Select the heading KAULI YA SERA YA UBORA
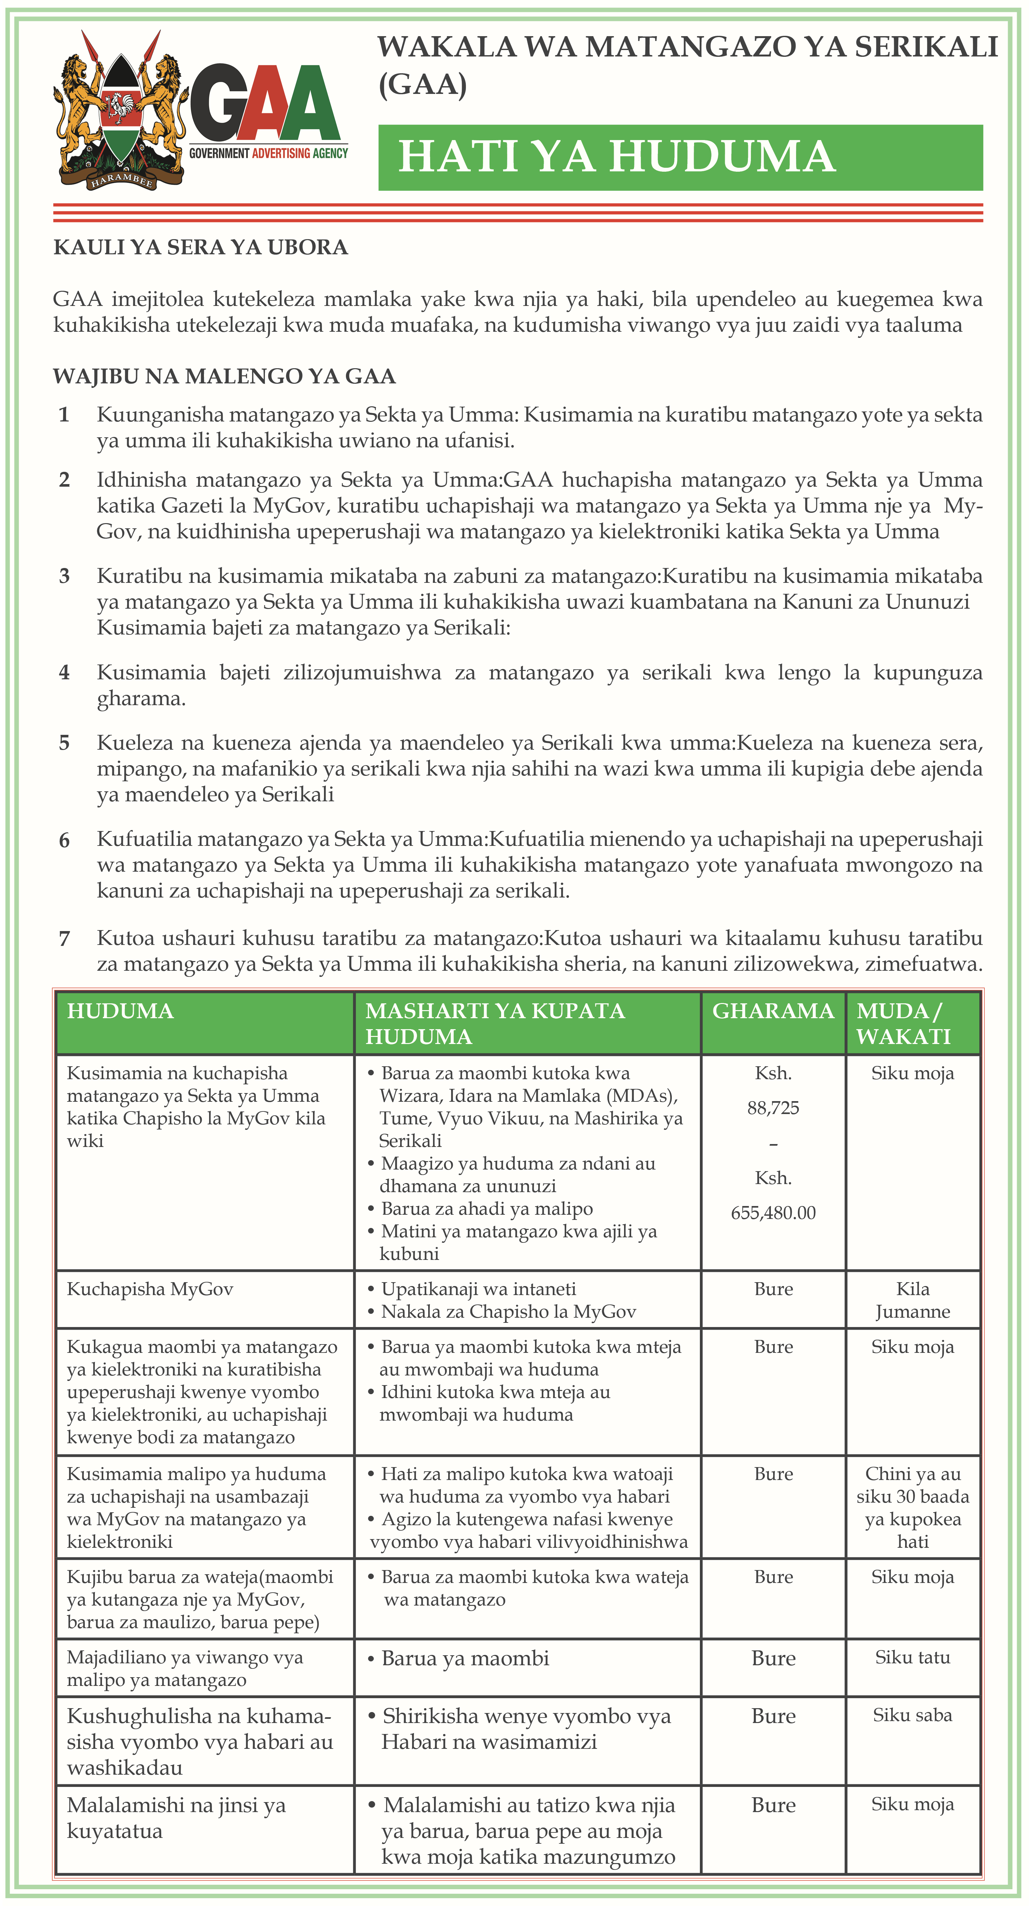pos(200,247)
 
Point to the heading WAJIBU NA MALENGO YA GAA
pos(224,377)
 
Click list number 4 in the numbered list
pos(64,673)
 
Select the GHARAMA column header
pos(773,1011)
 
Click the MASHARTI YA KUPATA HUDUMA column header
pos(495,1023)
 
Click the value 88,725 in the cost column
pos(773,1108)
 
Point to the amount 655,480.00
pos(773,1213)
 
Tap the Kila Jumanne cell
pos(913,1300)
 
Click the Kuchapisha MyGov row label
pos(150,1289)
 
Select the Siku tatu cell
pos(913,1658)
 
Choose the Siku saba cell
pos(913,1715)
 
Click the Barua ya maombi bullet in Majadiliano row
pos(465,1658)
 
